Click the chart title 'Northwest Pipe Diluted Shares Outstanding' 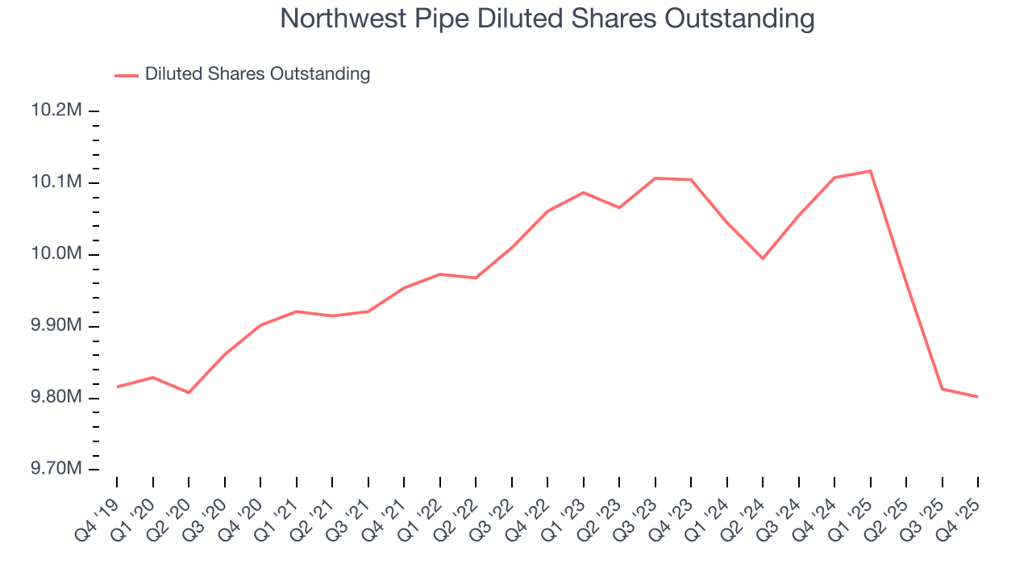pyautogui.click(x=547, y=19)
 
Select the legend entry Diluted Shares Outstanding pyautogui.click(x=257, y=74)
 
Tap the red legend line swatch pyautogui.click(x=127, y=75)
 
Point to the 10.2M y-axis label pyautogui.click(x=56, y=111)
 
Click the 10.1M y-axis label pyautogui.click(x=56, y=182)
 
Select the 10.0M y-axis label pyautogui.click(x=56, y=254)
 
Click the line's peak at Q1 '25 pyautogui.click(x=871, y=171)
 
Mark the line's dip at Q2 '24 pyautogui.click(x=763, y=258)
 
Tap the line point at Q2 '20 pyautogui.click(x=189, y=393)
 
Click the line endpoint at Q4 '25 pyautogui.click(x=978, y=396)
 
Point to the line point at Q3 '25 pyautogui.click(x=942, y=389)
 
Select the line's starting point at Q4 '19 pyautogui.click(x=117, y=387)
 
